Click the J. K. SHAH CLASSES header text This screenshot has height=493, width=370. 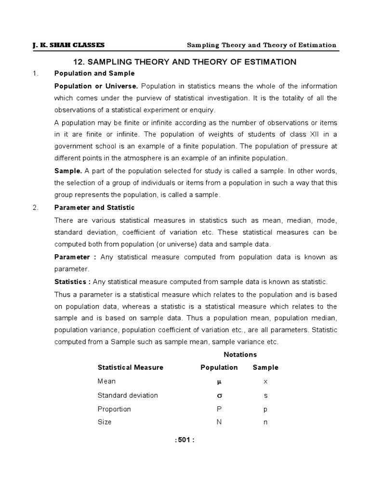point(68,45)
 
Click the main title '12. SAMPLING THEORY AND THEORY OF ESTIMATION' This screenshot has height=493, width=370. point(185,62)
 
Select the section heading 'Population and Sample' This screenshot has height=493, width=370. point(94,73)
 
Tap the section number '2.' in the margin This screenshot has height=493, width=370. point(35,208)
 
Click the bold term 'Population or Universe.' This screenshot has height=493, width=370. point(96,86)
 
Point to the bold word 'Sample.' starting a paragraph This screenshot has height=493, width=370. point(68,171)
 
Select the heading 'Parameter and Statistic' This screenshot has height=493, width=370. point(94,208)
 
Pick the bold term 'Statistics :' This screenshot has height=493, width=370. point(72,281)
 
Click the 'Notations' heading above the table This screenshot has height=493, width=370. point(240,354)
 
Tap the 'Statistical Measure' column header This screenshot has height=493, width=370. point(131,367)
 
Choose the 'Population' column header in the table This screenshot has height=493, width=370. point(219,367)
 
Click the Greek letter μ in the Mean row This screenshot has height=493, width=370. point(219,381)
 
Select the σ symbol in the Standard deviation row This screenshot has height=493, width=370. point(219,395)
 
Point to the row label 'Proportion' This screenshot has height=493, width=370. point(114,409)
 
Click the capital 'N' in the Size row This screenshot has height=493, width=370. point(219,422)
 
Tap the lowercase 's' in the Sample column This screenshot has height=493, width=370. point(265,396)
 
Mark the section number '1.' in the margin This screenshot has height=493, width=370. point(35,73)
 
